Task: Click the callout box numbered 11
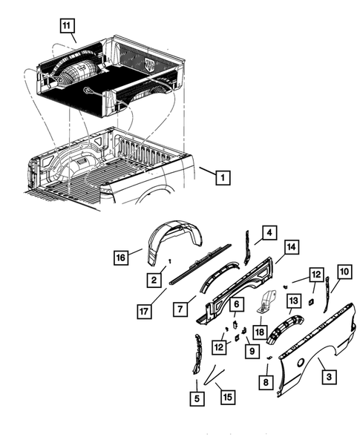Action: (68, 26)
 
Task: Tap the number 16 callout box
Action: (122, 257)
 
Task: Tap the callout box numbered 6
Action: (235, 304)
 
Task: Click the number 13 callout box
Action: (293, 300)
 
